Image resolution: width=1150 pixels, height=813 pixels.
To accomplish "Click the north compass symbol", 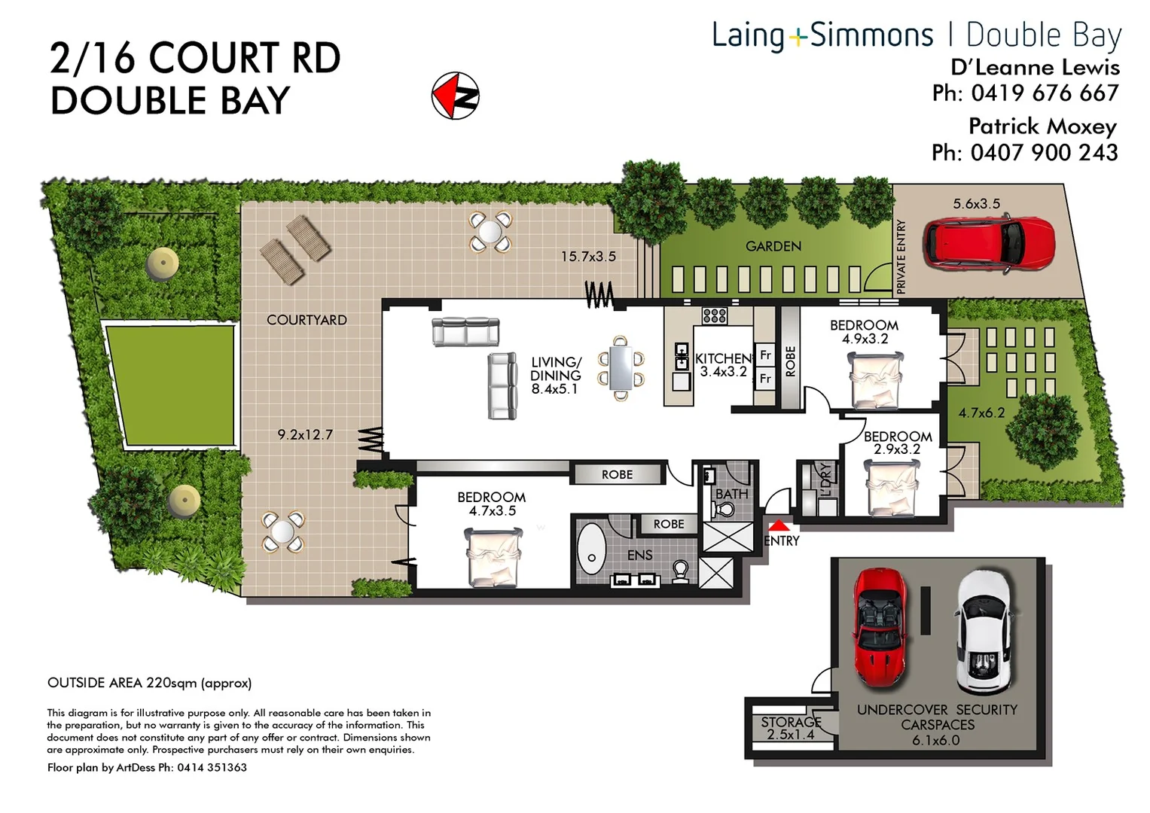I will tap(455, 96).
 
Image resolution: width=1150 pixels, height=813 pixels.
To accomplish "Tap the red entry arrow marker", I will tap(777, 525).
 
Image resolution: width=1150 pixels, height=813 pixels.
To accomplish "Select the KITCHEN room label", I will tap(724, 359).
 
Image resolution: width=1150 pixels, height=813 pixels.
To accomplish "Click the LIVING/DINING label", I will tap(556, 369).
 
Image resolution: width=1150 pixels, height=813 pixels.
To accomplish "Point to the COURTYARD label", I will tap(307, 320).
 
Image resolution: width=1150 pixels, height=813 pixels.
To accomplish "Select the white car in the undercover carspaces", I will tap(984, 631).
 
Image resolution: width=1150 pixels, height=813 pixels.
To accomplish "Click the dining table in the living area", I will tap(621, 367).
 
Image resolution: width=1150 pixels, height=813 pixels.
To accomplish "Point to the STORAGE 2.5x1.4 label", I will tap(790, 728).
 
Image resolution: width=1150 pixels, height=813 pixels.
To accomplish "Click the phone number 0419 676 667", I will tap(1045, 93).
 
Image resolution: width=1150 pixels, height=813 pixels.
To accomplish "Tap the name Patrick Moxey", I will tap(1042, 126).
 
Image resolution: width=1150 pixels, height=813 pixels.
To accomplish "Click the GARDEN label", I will tap(773, 246).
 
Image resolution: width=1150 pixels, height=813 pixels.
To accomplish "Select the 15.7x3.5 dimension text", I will tap(588, 257).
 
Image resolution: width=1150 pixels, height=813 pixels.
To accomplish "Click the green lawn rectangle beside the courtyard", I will tap(170, 386).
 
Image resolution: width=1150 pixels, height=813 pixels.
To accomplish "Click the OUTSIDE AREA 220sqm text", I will tap(149, 683).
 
